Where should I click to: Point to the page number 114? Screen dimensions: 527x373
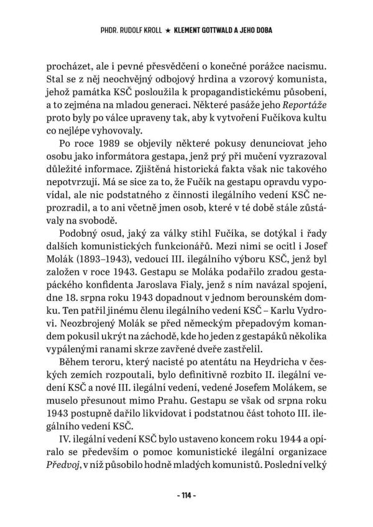pos(186,496)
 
